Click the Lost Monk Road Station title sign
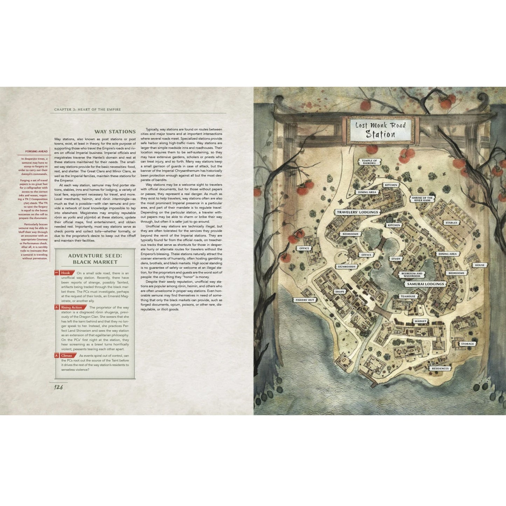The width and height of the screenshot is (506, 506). pos(380,130)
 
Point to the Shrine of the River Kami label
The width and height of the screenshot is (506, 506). pos(423,199)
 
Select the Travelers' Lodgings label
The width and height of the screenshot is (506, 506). pos(357,212)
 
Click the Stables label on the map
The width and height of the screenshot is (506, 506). pos(451,223)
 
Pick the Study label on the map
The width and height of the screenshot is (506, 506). pos(396,259)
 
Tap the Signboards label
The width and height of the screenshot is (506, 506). pos(346,266)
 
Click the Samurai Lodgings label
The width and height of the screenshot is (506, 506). pos(425,284)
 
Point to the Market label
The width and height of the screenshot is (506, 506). pos(420,321)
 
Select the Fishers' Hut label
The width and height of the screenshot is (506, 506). pos(304,300)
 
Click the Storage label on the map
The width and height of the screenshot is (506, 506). pos(467,344)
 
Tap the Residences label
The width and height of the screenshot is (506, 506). pos(440,368)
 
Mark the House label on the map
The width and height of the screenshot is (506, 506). pos(480,265)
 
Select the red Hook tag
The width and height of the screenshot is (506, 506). pos(65,273)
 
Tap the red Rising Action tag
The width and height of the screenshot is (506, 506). pos(71,307)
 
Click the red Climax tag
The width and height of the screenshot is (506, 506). pos(67,355)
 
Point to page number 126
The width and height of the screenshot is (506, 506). pos(58,387)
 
